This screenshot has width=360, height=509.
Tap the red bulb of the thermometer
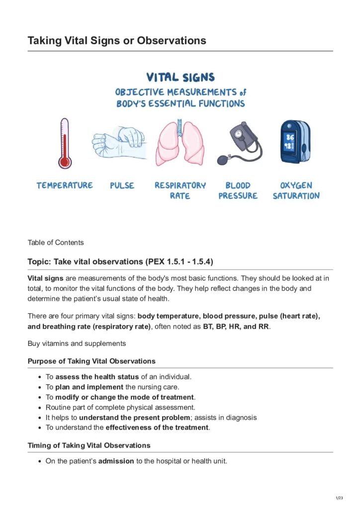click(64, 162)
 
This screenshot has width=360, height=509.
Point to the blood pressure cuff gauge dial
click(239, 134)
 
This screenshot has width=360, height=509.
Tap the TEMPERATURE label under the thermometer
click(64, 185)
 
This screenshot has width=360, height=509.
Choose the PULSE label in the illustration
click(122, 185)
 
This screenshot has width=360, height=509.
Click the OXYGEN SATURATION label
click(296, 190)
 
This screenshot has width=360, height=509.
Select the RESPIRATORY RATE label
click(180, 190)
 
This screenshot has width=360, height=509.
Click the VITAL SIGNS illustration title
click(180, 78)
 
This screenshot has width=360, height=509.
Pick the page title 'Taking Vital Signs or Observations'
click(117, 40)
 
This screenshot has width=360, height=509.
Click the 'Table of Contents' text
click(56, 243)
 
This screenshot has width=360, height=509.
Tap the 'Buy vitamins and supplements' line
click(77, 343)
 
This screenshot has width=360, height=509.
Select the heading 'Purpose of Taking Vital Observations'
click(91, 361)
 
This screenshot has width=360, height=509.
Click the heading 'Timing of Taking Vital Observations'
click(89, 445)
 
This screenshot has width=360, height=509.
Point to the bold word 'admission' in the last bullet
click(116, 461)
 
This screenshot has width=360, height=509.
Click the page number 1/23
click(341, 497)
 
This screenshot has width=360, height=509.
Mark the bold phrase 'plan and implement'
click(90, 387)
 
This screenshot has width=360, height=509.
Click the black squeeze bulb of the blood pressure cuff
click(223, 160)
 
